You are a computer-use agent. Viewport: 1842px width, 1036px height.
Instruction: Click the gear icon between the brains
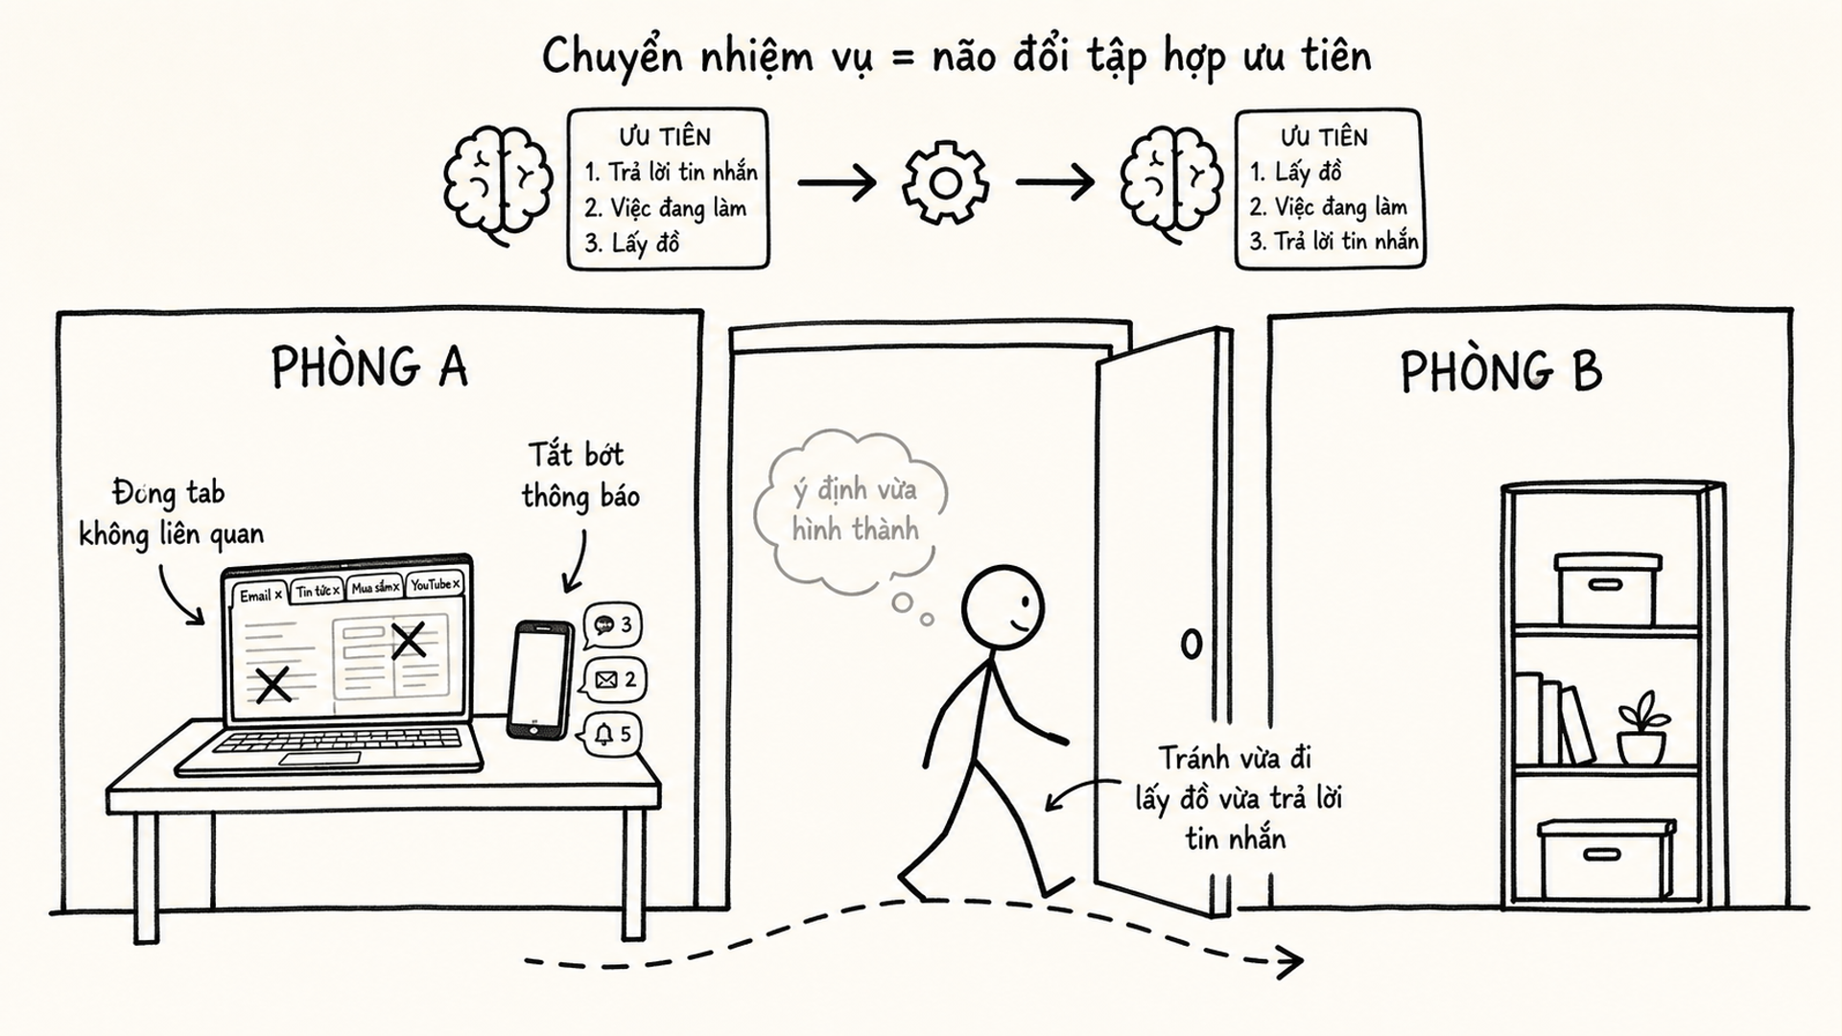pyautogui.click(x=945, y=183)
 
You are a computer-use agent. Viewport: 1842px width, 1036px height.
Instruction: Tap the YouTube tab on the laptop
pyautogui.click(x=435, y=584)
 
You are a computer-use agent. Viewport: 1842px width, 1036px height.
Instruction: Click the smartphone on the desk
pyautogui.click(x=540, y=680)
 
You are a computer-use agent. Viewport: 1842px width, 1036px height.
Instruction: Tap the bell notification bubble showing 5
pyautogui.click(x=611, y=735)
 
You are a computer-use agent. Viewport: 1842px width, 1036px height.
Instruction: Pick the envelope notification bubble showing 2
pyautogui.click(x=614, y=680)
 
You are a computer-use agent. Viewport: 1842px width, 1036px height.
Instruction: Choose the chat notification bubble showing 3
pyautogui.click(x=612, y=625)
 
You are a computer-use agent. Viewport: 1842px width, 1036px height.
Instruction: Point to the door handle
pyautogui.click(x=1192, y=645)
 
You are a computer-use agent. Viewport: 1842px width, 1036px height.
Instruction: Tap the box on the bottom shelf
pyautogui.click(x=1607, y=859)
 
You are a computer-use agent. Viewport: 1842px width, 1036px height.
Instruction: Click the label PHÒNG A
pyautogui.click(x=369, y=367)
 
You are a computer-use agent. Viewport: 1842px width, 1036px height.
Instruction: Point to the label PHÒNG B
pyautogui.click(x=1500, y=371)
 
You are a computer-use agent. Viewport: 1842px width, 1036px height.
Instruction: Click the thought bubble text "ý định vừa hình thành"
pyautogui.click(x=855, y=509)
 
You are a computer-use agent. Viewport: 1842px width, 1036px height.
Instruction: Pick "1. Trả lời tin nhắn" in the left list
pyautogui.click(x=672, y=173)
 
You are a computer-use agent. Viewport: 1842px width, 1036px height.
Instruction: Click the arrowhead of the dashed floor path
pyautogui.click(x=1291, y=960)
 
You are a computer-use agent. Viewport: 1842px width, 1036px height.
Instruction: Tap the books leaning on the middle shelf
pyautogui.click(x=1554, y=719)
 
